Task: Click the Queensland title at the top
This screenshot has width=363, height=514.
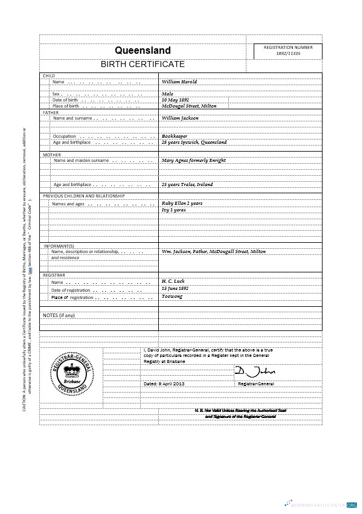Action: click(x=143, y=51)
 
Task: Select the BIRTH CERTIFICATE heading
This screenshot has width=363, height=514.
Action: click(x=143, y=65)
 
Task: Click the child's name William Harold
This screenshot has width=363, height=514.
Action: click(x=179, y=82)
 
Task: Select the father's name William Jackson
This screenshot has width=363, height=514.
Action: click(x=180, y=118)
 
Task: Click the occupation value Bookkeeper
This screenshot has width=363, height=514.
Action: click(x=175, y=137)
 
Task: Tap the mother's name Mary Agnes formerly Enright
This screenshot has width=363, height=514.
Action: click(x=193, y=161)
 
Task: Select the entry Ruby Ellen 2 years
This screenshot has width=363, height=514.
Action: click(x=182, y=204)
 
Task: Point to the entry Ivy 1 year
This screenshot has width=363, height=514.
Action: click(x=173, y=210)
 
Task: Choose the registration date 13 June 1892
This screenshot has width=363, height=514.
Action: click(x=175, y=289)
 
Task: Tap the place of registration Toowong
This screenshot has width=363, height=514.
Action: click(x=172, y=297)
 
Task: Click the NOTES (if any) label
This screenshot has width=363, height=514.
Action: click(x=59, y=315)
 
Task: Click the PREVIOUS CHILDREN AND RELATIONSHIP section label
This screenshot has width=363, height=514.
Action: click(x=83, y=196)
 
